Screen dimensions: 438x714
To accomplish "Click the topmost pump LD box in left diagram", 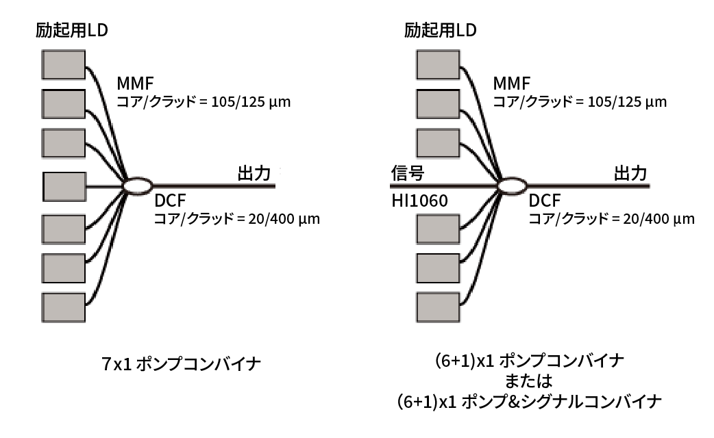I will (x=64, y=65).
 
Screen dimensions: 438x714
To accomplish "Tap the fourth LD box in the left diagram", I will (x=64, y=185).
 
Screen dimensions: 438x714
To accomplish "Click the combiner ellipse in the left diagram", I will (x=137, y=185).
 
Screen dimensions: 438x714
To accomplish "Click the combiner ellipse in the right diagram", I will (x=510, y=185).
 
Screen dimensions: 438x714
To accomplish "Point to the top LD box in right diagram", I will (x=437, y=65).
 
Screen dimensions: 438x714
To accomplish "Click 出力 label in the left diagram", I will (x=254, y=173).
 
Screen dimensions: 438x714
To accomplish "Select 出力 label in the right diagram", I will (x=630, y=173).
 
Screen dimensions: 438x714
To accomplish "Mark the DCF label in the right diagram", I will (x=544, y=202).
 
